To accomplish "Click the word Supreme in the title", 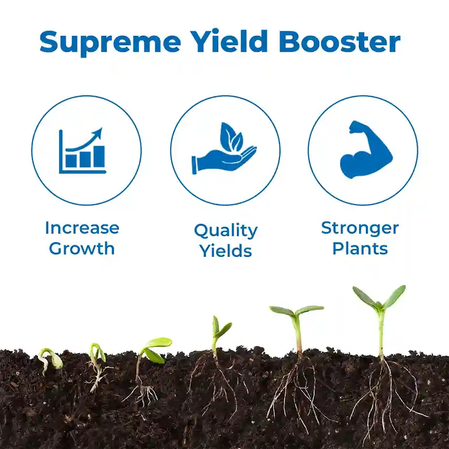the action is tap(110, 43).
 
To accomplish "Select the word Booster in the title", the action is tap(340, 42).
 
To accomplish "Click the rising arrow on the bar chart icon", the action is tap(84, 139).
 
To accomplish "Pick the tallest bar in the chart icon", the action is tap(99, 156).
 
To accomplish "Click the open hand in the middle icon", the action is tap(224, 161).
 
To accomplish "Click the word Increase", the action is tap(82, 228).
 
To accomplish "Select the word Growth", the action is tap(82, 248).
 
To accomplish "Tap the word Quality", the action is tap(226, 231).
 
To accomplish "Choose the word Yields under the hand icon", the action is tap(226, 251).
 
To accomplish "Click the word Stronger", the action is tap(360, 228).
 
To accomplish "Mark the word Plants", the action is tap(360, 248).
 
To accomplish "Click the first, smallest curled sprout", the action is tap(50, 360).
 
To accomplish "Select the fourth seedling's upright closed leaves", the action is tap(221, 328).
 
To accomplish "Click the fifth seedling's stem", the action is tap(298, 335).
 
